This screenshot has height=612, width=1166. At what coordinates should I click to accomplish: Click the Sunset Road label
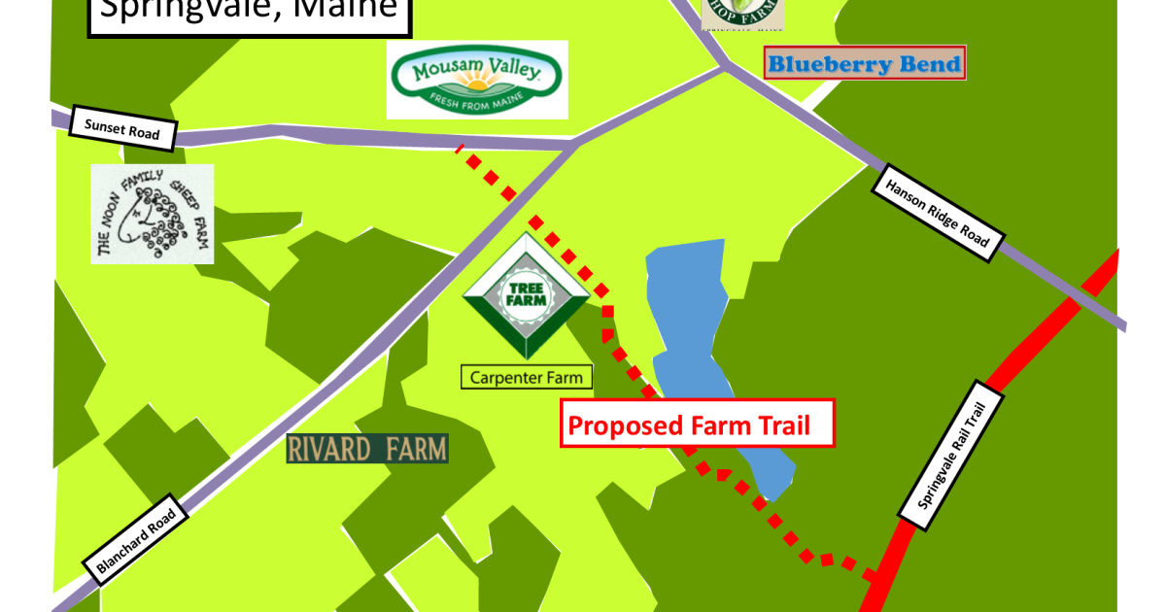(121, 128)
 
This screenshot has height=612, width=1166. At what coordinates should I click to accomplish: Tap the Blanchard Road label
(136, 544)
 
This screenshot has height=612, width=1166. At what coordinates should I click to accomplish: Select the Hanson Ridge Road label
(938, 213)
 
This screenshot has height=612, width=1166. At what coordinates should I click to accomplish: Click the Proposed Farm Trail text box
(697, 424)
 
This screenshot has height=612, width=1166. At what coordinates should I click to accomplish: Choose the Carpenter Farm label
(526, 378)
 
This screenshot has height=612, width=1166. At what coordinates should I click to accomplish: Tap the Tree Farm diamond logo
(526, 296)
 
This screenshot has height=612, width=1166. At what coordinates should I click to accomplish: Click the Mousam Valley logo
(476, 80)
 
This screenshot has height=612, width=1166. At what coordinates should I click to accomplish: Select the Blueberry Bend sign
(864, 64)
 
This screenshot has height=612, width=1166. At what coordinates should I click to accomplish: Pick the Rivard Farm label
(367, 449)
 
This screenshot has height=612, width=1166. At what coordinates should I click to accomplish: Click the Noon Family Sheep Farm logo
(152, 214)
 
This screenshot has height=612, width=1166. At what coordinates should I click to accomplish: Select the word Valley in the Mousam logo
(514, 71)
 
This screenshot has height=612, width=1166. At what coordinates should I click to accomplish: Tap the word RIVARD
(328, 449)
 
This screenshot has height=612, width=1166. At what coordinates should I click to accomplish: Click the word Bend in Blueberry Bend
(926, 64)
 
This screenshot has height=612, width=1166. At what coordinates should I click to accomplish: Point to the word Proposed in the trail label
(623, 425)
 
